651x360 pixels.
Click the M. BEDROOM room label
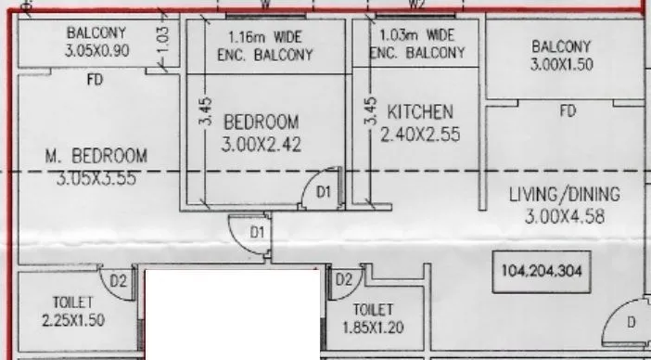[96, 156]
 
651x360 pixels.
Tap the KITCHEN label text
[420, 111]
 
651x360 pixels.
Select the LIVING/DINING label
[564, 195]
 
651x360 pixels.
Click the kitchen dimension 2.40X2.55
[420, 134]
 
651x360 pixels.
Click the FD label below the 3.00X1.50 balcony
[568, 111]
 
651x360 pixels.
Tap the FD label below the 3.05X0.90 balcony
[95, 81]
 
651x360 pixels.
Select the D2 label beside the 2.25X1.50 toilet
[119, 280]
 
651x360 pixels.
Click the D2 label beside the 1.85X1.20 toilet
[343, 279]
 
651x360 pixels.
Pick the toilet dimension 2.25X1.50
[74, 321]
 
